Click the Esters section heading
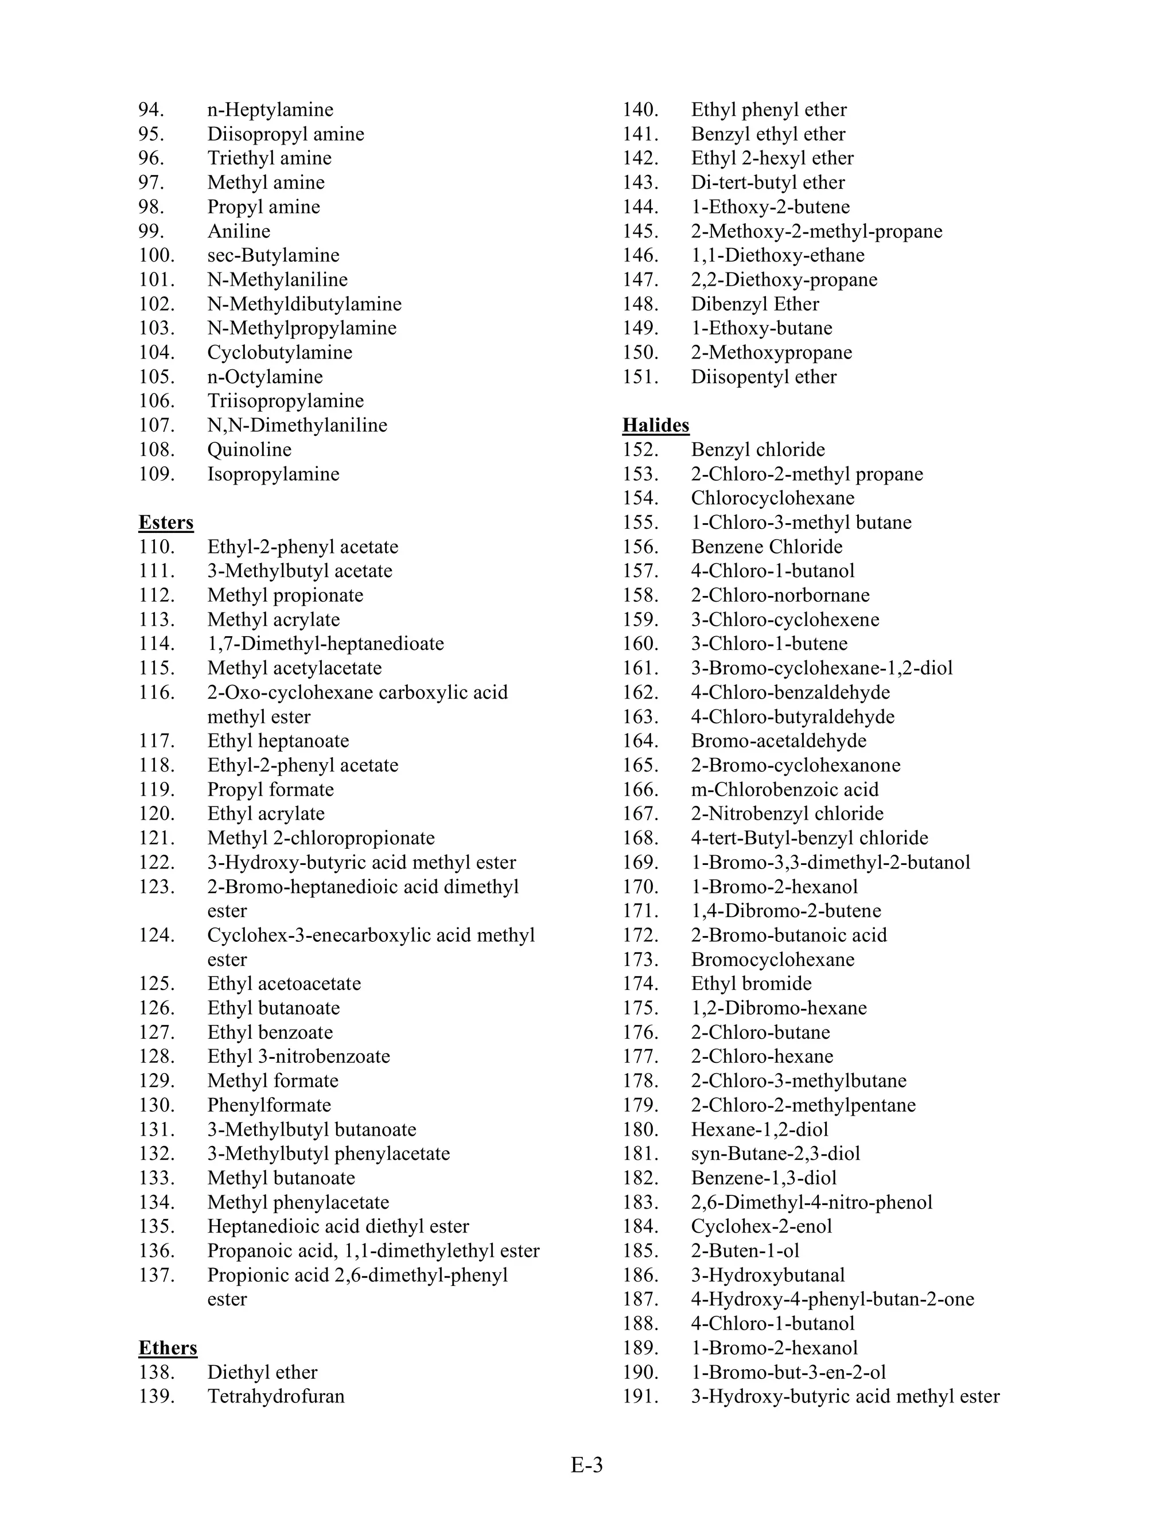pos(166,523)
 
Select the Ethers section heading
pos(168,1348)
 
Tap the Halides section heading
pos(656,425)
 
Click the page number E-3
pos(587,1465)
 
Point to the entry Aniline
pos(239,231)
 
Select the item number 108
pos(156,450)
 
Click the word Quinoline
pos(249,450)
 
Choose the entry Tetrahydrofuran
pos(275,1397)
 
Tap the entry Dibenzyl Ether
pos(754,304)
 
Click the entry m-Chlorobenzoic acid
pos(784,789)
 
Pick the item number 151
pos(640,376)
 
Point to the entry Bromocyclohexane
pos(773,960)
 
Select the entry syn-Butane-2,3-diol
pos(776,1154)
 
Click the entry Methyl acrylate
pos(274,619)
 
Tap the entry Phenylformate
pos(269,1105)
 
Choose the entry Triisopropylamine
pos(285,401)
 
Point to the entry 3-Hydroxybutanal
pos(768,1275)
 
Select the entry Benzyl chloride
pos(758,450)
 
